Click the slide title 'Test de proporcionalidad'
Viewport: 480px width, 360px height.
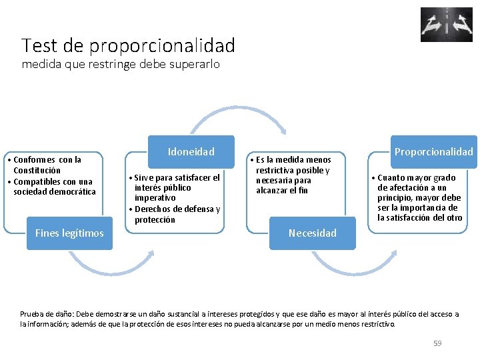[128, 45]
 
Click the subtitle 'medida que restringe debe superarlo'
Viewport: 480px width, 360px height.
[121, 65]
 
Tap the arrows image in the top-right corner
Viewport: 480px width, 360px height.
[446, 25]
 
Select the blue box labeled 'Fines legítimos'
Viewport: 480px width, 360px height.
[69, 233]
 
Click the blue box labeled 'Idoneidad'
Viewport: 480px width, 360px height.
[191, 151]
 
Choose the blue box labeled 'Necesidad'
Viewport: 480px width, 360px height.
[312, 233]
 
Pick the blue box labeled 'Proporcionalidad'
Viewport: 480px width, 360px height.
[433, 151]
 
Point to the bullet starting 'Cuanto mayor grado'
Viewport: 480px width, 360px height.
[417, 197]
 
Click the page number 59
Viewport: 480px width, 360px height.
[437, 343]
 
